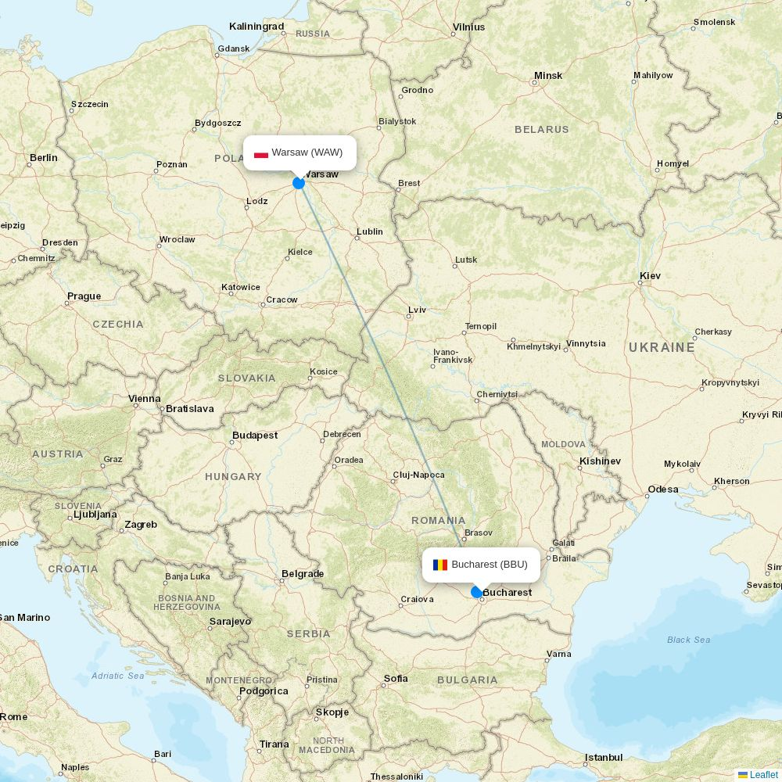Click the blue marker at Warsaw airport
pyautogui.click(x=299, y=183)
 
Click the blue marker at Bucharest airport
pyautogui.click(x=477, y=592)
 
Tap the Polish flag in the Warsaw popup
pyautogui.click(x=261, y=153)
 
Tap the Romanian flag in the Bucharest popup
pyautogui.click(x=440, y=565)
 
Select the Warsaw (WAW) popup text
pyautogui.click(x=307, y=152)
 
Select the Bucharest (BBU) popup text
pyautogui.click(x=490, y=565)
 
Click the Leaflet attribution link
pyautogui.click(x=763, y=775)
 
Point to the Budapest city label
pyautogui.click(x=255, y=436)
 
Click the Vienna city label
pyautogui.click(x=145, y=399)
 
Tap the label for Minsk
pyautogui.click(x=548, y=76)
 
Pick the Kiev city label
pyautogui.click(x=650, y=276)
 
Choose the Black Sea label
pyautogui.click(x=688, y=640)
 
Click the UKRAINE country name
pyautogui.click(x=662, y=347)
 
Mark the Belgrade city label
pyautogui.click(x=303, y=574)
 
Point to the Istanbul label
pyautogui.click(x=604, y=758)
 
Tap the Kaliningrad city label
pyautogui.click(x=256, y=27)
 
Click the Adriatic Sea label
pyautogui.click(x=117, y=676)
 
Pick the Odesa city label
pyautogui.click(x=663, y=490)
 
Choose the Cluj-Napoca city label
pyautogui.click(x=418, y=475)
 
